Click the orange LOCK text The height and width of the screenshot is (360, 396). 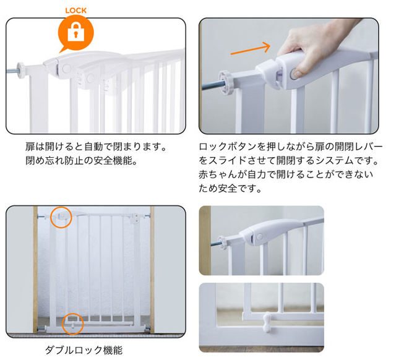[x=75, y=11]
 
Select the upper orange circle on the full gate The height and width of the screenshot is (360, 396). [x=61, y=217]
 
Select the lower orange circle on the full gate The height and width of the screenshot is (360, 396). [x=73, y=324]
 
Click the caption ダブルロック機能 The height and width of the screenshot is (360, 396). [x=84, y=350]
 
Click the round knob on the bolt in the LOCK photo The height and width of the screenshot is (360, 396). [x=21, y=70]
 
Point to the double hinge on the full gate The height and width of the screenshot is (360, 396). [x=134, y=218]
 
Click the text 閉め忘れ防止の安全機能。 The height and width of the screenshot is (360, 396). [x=81, y=161]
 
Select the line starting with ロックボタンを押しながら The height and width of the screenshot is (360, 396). [x=291, y=147]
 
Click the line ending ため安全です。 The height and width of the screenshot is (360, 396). [x=230, y=188]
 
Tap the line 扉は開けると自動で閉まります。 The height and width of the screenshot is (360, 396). [x=97, y=147]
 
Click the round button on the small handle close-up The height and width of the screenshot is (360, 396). [x=260, y=237]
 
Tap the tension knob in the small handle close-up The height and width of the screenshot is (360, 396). [x=223, y=241]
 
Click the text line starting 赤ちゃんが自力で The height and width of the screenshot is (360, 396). [x=286, y=174]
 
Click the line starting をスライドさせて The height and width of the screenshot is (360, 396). [x=289, y=161]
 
